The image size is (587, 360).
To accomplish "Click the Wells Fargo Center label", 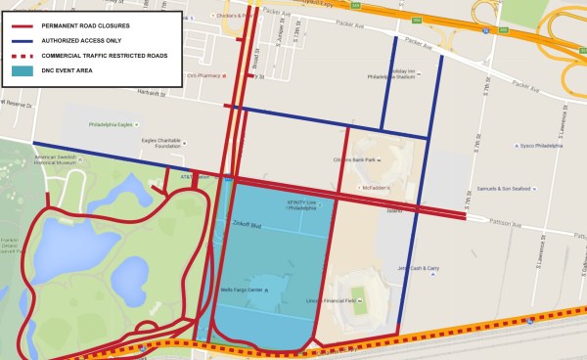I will pos(243,291).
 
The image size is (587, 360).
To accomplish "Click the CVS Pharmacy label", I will pos(201,74).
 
